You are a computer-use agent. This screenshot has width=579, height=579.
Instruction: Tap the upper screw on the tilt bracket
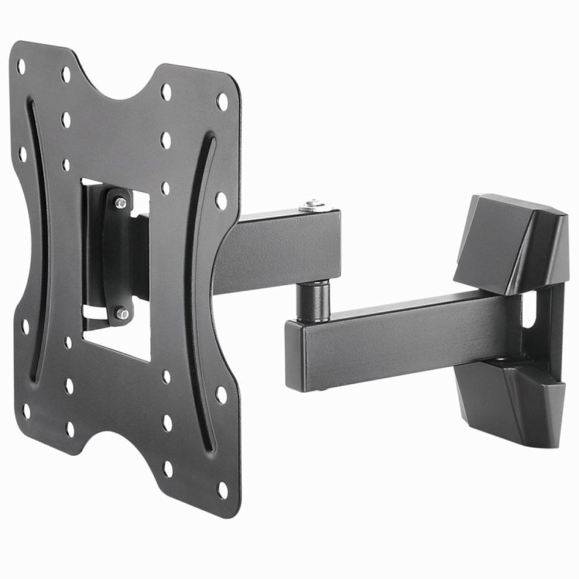coord(120,203)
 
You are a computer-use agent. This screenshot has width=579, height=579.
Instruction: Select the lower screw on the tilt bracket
coord(122,313)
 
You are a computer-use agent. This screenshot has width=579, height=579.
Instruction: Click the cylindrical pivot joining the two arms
coord(313,300)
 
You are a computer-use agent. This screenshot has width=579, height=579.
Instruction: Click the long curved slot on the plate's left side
coord(34,242)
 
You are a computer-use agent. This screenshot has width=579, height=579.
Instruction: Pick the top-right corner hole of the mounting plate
coord(222,101)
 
